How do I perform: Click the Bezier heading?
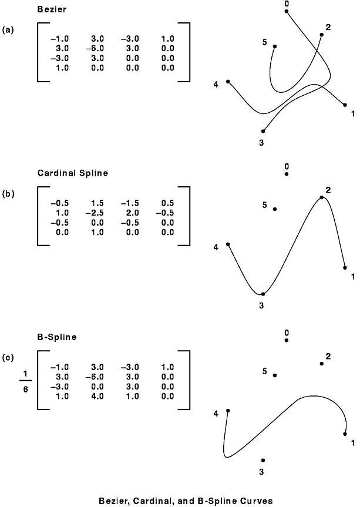tap(52, 9)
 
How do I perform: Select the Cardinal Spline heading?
tap(73, 173)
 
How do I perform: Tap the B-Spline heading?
tap(57, 337)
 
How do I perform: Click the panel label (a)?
tap(8, 30)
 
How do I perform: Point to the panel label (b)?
tap(8, 194)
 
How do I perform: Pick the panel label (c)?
tap(8, 358)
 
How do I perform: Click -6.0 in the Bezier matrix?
tap(95, 49)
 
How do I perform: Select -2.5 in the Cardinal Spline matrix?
tap(95, 213)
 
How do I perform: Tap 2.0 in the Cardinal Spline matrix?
tap(133, 213)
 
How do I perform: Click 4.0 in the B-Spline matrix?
tap(97, 396)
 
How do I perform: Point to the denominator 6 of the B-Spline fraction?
tap(25, 390)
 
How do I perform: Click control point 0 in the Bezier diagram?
tap(287, 11)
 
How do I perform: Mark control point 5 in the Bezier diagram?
tap(275, 46)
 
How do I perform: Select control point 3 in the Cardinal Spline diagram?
tap(263, 294)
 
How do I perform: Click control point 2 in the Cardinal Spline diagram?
tap(322, 197)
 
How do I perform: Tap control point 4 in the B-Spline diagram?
tap(228, 411)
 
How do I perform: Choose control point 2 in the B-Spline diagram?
tap(322, 364)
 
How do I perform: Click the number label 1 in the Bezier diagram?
tap(353, 113)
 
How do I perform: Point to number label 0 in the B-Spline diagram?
tap(287, 333)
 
